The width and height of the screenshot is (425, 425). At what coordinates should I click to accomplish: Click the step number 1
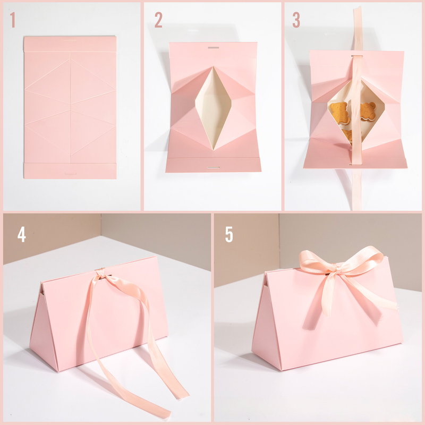(12, 20)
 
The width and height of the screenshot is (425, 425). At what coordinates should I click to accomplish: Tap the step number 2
(158, 20)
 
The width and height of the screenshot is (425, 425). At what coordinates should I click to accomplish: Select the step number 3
(296, 20)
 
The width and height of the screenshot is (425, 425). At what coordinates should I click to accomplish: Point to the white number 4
(22, 234)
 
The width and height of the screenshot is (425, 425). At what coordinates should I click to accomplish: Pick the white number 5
(229, 234)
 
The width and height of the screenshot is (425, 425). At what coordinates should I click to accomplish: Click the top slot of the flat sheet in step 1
(70, 41)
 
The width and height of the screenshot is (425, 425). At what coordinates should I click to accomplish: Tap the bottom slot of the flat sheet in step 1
(70, 174)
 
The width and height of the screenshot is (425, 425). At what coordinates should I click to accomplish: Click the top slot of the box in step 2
(214, 47)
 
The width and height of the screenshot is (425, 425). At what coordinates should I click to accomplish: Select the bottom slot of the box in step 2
(214, 167)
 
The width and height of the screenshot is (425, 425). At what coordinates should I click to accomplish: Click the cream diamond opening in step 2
(214, 108)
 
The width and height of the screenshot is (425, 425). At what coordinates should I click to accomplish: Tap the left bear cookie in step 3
(339, 113)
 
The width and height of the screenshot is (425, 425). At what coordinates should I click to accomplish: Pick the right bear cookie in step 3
(368, 111)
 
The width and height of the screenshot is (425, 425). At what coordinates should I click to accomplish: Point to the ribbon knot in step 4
(100, 273)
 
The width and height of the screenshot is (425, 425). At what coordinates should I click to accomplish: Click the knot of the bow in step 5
(338, 269)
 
